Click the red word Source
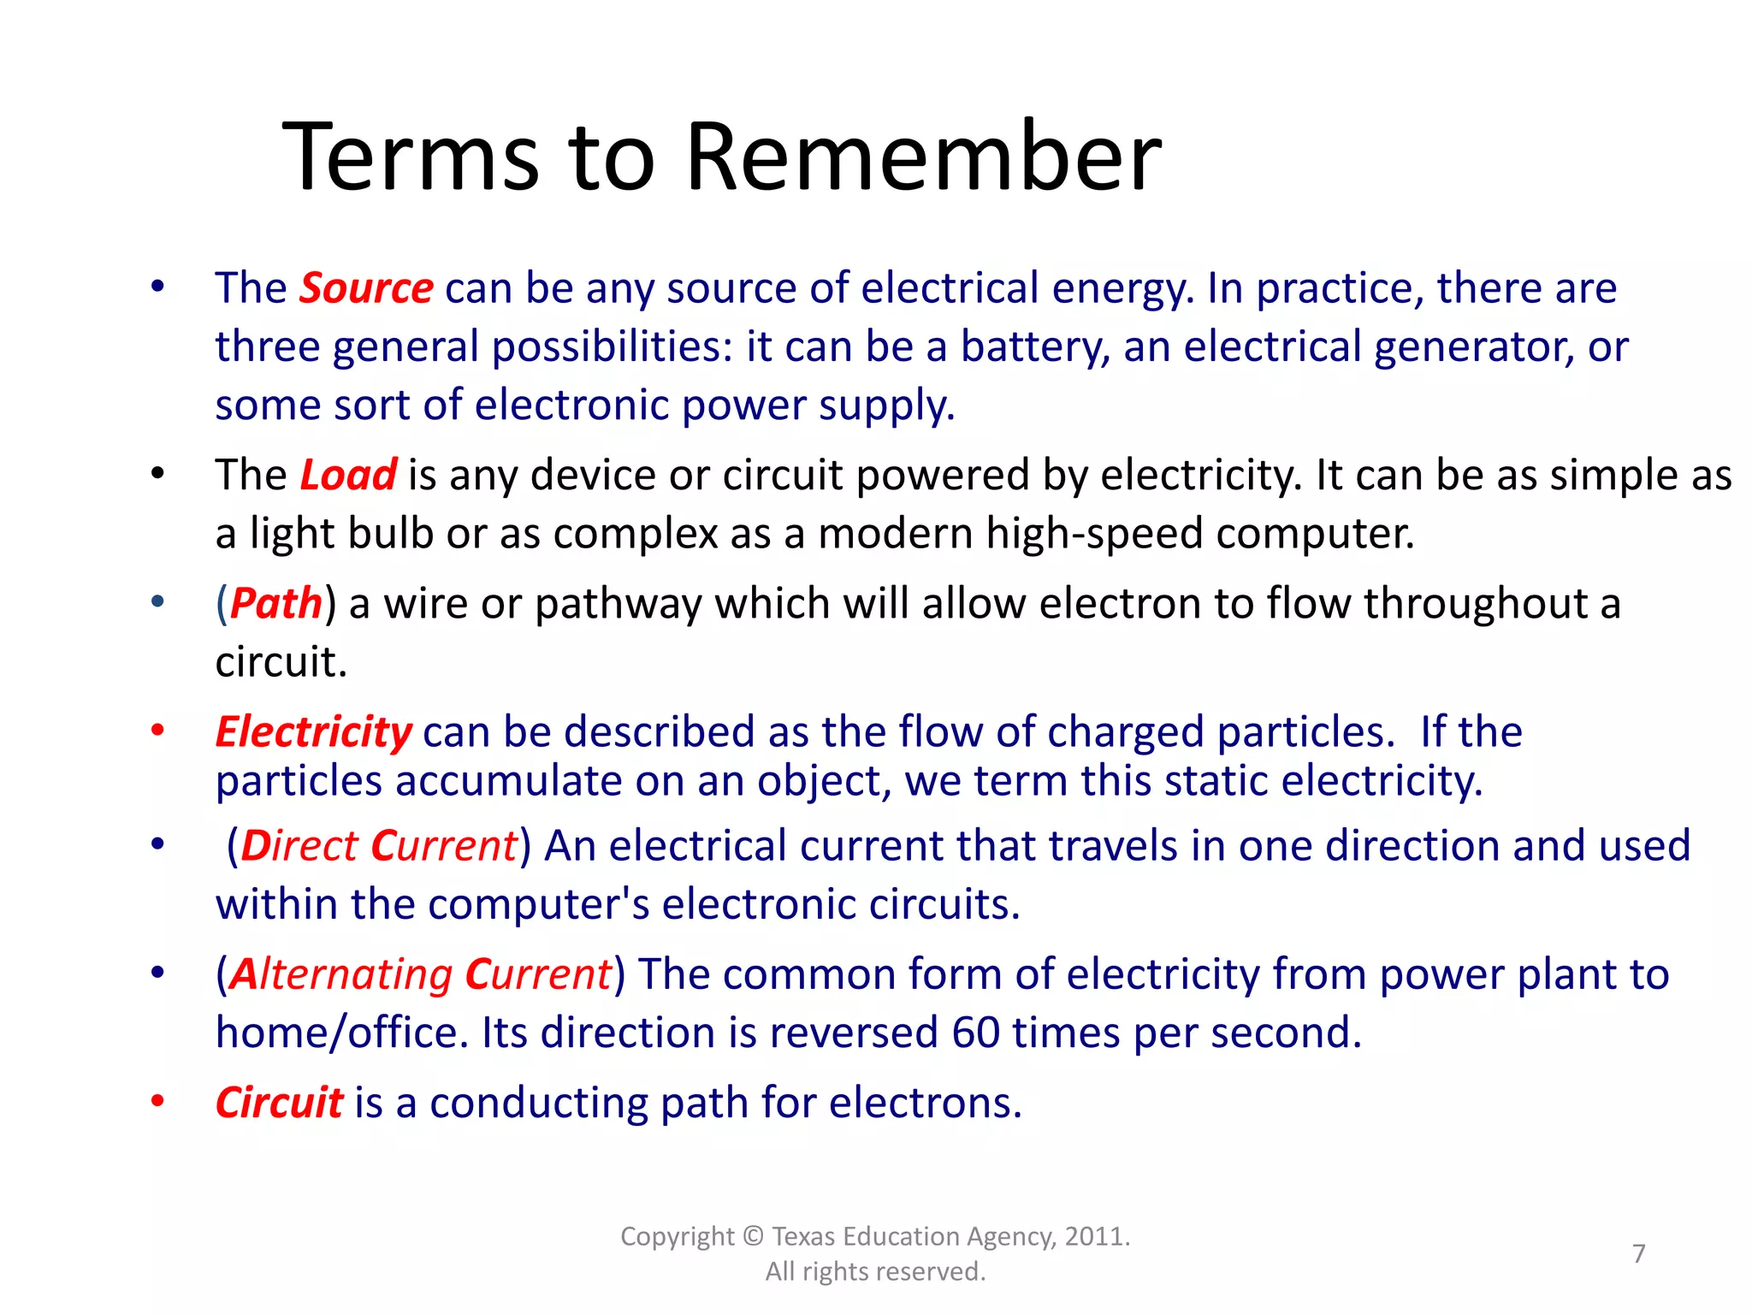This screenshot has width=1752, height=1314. tap(366, 288)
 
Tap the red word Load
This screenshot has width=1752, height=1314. tap(348, 476)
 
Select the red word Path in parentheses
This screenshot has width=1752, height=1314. tap(275, 604)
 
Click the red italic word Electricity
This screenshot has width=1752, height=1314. tap(313, 732)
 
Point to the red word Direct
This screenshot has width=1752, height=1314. tap(299, 846)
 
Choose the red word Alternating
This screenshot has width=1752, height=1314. tap(340, 974)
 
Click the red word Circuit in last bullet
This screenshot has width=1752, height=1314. tap(279, 1103)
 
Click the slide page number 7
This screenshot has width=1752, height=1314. tap(1638, 1253)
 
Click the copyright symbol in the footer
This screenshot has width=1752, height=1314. tap(753, 1237)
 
